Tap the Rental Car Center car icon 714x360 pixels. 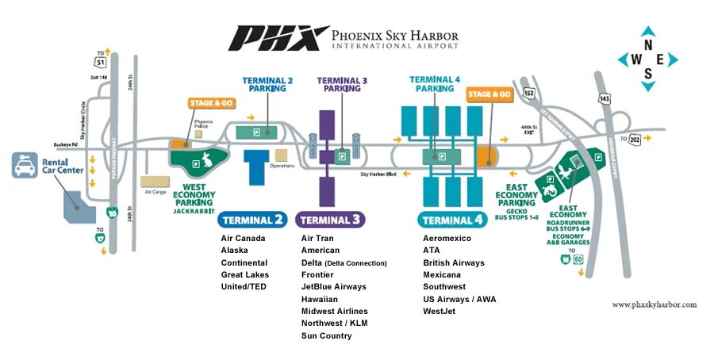pyautogui.click(x=22, y=166)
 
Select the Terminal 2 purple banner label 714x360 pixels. pyautogui.click(x=254, y=220)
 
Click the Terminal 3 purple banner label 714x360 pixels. pyautogui.click(x=331, y=220)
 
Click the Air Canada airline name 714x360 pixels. pyautogui.click(x=243, y=239)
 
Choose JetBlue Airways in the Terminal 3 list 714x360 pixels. pyautogui.click(x=334, y=287)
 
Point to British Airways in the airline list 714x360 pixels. pyautogui.click(x=454, y=263)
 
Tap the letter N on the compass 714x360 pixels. pyautogui.click(x=648, y=46)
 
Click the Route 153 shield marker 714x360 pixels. pyautogui.click(x=528, y=94)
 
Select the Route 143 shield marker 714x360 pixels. pyautogui.click(x=605, y=98)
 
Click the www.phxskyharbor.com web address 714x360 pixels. pyautogui.click(x=654, y=304)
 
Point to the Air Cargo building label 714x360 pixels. pyautogui.click(x=154, y=191)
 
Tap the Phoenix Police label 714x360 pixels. pyautogui.click(x=205, y=124)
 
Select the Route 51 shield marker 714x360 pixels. pyautogui.click(x=100, y=61)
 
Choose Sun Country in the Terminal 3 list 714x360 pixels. pyautogui.click(x=326, y=336)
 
